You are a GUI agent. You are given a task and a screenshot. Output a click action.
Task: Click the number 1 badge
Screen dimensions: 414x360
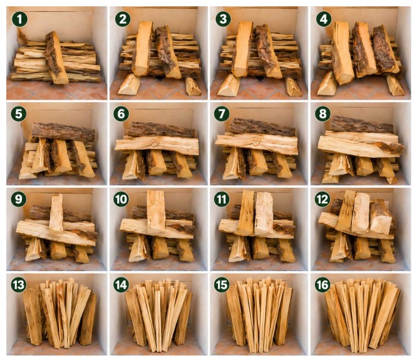(x=19, y=19)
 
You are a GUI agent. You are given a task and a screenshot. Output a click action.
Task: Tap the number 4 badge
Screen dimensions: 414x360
(x=323, y=19)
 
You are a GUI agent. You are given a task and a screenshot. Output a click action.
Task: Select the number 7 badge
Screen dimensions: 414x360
(x=222, y=114)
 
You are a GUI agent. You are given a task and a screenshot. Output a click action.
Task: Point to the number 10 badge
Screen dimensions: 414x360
(x=121, y=199)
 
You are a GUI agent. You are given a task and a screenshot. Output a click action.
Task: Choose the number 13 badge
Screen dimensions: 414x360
(x=19, y=285)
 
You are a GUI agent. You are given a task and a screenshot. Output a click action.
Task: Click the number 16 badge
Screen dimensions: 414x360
(x=323, y=285)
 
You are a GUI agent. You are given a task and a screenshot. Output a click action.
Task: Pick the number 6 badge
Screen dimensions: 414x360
(x=121, y=114)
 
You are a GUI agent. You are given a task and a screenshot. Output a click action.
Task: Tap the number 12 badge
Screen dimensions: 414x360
(x=323, y=199)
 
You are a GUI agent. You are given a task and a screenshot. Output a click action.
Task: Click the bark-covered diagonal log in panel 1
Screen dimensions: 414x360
(x=56, y=58)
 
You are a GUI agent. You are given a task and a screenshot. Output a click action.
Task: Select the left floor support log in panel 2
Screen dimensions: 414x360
(x=130, y=84)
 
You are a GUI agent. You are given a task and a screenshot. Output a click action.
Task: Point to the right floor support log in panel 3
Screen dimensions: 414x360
(x=293, y=86)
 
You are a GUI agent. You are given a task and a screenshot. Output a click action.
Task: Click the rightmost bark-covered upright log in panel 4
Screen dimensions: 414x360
(x=385, y=49)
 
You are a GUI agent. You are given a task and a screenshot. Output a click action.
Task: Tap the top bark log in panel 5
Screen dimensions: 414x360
(x=63, y=132)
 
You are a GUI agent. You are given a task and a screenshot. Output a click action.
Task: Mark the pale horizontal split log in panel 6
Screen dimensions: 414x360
(x=157, y=145)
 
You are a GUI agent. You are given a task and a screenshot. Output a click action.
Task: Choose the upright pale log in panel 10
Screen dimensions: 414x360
(x=157, y=210)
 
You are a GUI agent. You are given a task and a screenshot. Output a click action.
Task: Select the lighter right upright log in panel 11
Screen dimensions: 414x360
(x=264, y=213)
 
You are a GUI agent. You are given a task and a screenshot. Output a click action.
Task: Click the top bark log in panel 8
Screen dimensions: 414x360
(x=362, y=125)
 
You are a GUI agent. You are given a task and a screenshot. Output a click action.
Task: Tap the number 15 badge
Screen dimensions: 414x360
(x=222, y=285)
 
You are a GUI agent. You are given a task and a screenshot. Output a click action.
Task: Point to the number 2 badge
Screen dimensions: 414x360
(x=123, y=19)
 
